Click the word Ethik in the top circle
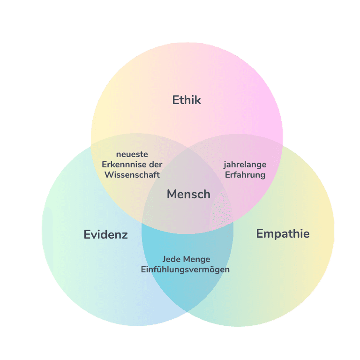point(187,100)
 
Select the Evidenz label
point(105,234)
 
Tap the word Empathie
point(283,233)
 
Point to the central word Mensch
point(188,194)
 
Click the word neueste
point(132,155)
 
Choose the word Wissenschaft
point(132,175)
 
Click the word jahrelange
point(245,165)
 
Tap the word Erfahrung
point(245,175)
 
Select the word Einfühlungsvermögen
point(185,270)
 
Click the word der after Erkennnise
point(156,165)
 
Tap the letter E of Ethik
point(176,100)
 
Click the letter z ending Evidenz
point(125,235)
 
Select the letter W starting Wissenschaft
point(109,175)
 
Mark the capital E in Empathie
point(260,233)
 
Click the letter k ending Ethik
point(198,100)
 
